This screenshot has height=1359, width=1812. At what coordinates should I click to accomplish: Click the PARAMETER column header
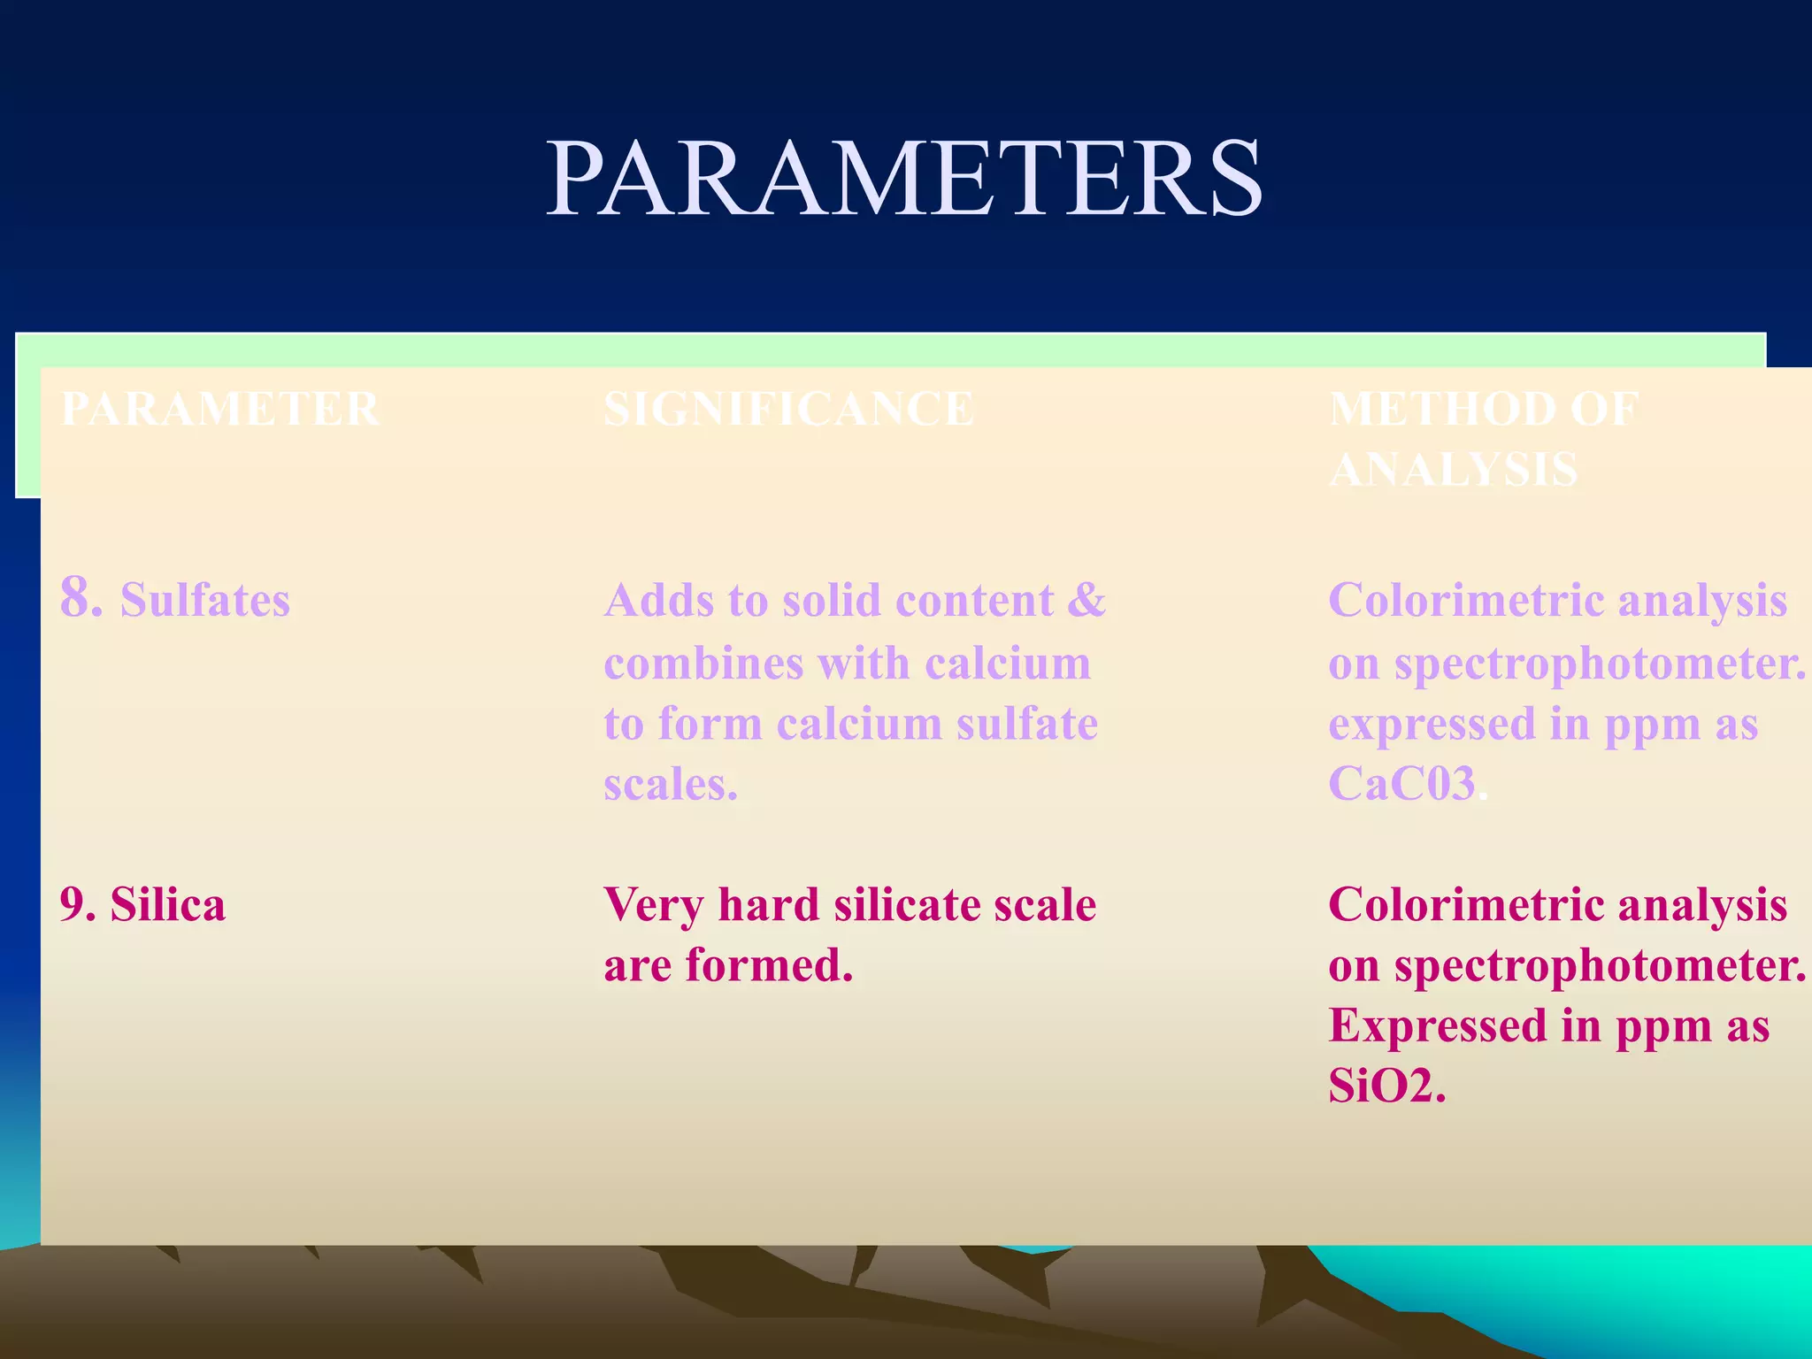(220, 409)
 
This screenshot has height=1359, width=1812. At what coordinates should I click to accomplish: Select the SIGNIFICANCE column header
(788, 409)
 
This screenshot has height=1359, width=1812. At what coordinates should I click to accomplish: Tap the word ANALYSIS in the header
(1454, 469)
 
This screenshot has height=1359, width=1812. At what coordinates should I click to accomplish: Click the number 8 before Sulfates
(80, 597)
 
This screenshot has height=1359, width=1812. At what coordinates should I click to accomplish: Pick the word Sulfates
(205, 600)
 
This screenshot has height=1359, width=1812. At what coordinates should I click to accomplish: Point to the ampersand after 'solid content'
(1086, 600)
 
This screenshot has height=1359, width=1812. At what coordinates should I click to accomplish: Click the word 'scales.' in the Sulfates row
(671, 784)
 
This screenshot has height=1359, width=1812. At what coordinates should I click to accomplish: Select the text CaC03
(1402, 784)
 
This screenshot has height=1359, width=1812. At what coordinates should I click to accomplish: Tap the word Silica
(168, 905)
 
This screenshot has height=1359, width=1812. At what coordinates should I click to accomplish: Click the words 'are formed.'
(728, 965)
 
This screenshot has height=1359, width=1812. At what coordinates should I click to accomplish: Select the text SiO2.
(1386, 1086)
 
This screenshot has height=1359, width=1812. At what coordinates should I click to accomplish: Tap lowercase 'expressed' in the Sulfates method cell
(1432, 724)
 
